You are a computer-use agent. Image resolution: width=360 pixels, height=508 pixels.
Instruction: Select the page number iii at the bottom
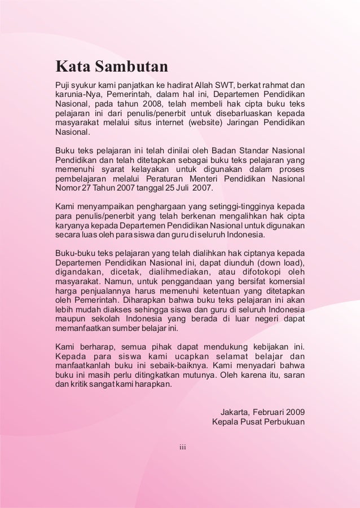(x=182, y=448)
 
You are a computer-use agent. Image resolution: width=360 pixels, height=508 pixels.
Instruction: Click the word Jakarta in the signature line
(x=235, y=411)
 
